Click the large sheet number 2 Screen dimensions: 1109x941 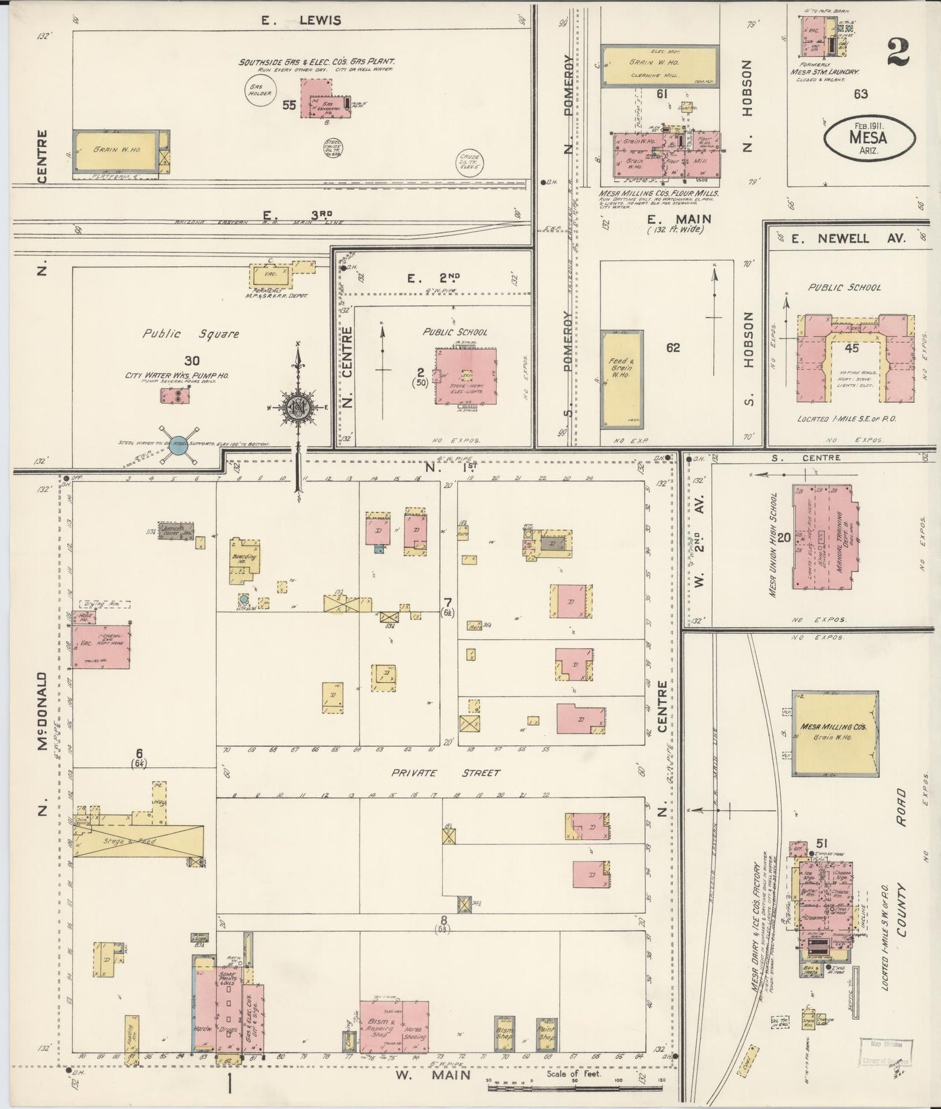point(897,52)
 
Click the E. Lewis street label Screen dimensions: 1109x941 point(301,20)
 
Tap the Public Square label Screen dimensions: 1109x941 point(191,334)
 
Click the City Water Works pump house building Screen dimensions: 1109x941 point(175,396)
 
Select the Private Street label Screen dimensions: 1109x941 point(445,773)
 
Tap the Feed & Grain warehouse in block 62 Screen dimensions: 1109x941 point(621,379)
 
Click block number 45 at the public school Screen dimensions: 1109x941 point(852,349)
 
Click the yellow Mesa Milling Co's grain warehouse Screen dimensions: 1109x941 point(835,733)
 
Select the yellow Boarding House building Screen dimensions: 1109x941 point(244,560)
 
